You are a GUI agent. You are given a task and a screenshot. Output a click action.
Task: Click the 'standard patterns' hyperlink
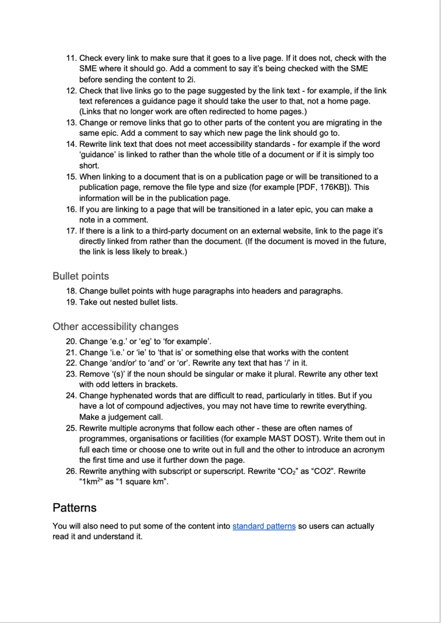tap(264, 526)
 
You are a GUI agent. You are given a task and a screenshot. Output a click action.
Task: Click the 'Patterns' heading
tap(74, 507)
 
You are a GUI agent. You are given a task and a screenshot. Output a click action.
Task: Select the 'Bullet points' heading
tap(81, 276)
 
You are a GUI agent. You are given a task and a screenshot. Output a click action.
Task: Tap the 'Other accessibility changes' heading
tap(116, 326)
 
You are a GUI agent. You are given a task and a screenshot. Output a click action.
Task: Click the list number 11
tap(70, 58)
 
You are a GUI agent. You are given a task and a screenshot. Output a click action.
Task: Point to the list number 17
tap(70, 231)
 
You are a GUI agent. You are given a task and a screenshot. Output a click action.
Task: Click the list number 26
tap(70, 471)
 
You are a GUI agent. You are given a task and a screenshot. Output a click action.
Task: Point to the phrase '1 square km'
tap(145, 482)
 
